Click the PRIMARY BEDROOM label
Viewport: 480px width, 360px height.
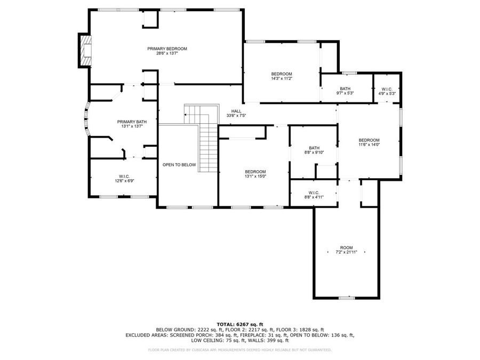point(167,49)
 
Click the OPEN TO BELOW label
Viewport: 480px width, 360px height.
point(179,165)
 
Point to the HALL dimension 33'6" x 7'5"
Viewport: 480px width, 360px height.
point(236,115)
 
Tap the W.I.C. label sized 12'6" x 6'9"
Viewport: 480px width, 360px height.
point(124,177)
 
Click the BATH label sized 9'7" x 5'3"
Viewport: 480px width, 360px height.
point(345,89)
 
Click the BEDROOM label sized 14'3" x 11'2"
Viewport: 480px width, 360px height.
point(282,74)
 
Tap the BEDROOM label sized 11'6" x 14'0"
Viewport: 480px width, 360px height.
point(369,140)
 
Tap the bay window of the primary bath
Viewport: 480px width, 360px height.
point(85,121)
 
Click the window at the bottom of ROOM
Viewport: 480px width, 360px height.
point(347,298)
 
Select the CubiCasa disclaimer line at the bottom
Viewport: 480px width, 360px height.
point(239,350)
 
